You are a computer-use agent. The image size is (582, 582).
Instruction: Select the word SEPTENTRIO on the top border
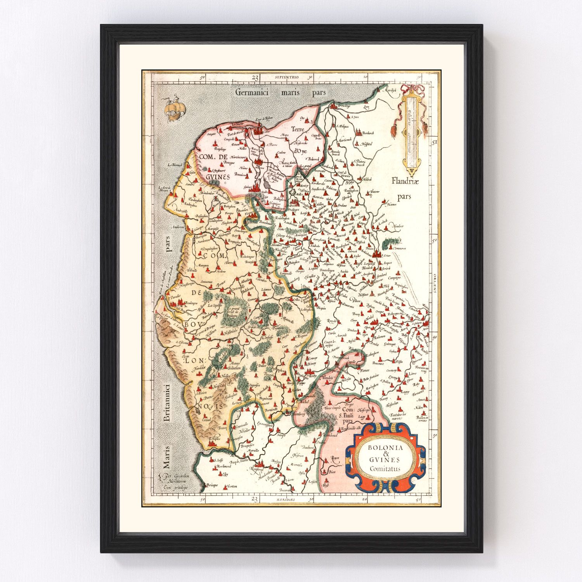[x=286, y=78]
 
